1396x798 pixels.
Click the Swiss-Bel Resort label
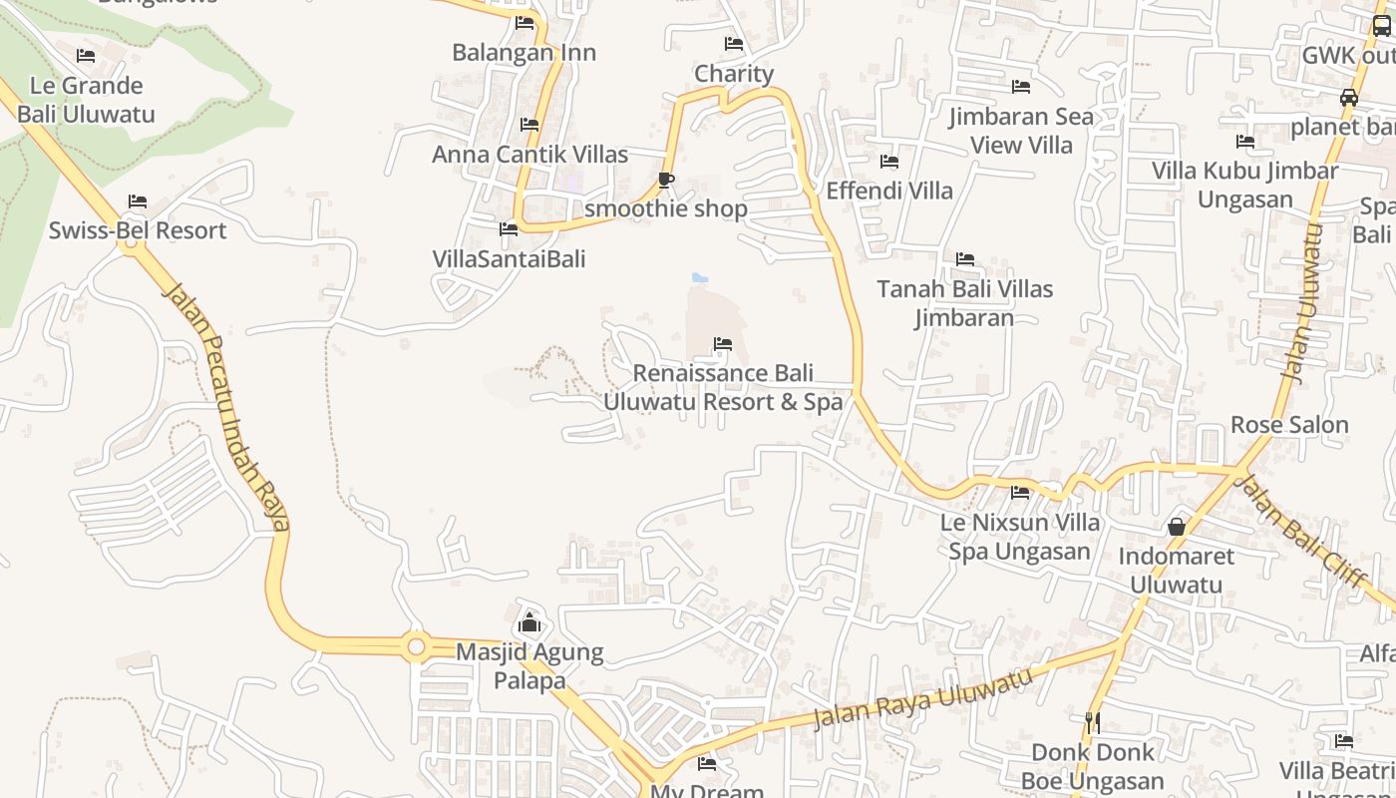click(138, 230)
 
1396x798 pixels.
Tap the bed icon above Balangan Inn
click(524, 23)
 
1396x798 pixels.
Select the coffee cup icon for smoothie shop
click(665, 180)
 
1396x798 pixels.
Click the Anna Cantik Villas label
click(529, 155)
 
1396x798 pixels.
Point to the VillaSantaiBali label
click(509, 259)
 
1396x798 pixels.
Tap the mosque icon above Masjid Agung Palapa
click(529, 624)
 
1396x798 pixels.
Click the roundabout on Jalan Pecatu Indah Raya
click(417, 647)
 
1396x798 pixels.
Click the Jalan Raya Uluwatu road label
click(922, 698)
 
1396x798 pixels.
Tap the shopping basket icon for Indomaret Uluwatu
click(1177, 527)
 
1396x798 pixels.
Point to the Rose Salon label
click(1289, 425)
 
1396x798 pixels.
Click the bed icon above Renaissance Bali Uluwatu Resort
click(723, 345)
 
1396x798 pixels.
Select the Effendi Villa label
click(889, 191)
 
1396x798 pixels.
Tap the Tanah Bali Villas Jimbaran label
click(964, 303)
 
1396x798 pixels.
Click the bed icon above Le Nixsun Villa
click(1020, 493)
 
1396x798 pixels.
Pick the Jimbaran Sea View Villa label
click(1021, 131)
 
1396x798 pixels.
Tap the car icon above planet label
click(1348, 98)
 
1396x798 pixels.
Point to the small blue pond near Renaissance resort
click(700, 277)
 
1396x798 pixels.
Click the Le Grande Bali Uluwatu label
click(87, 100)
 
